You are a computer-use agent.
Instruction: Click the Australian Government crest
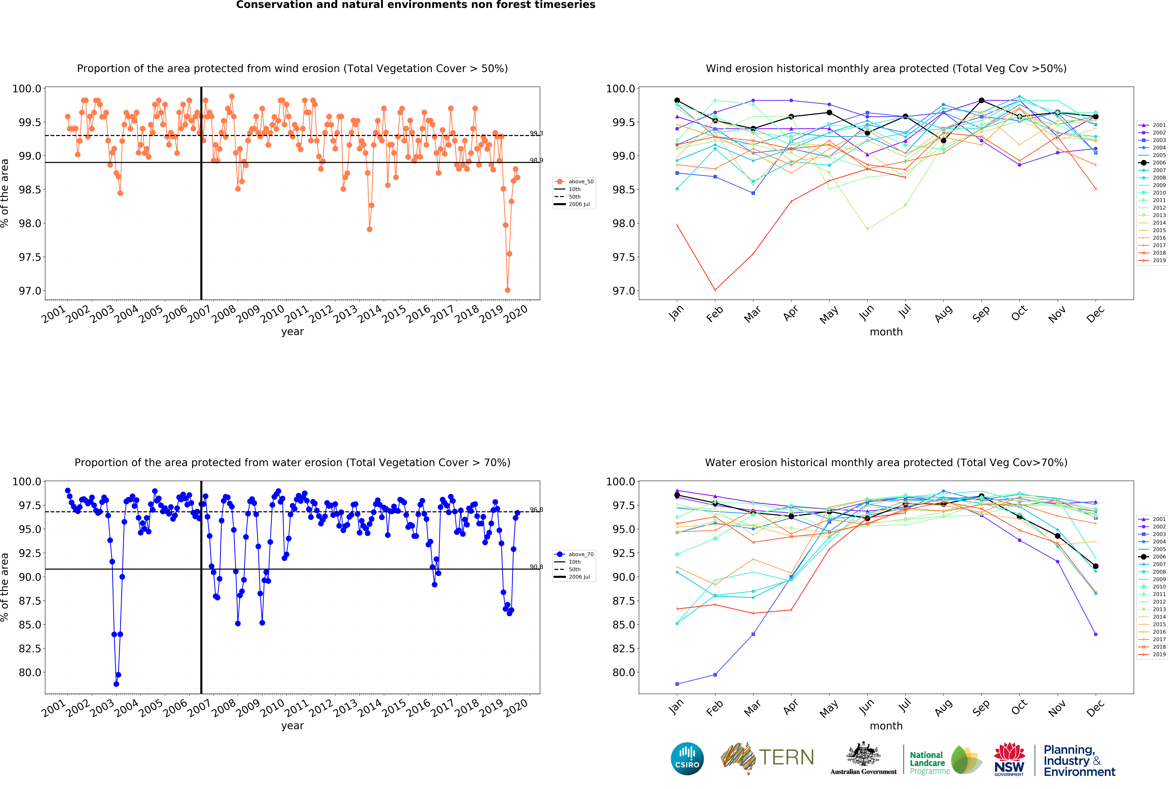863,754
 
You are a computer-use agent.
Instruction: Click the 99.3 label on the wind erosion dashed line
536,133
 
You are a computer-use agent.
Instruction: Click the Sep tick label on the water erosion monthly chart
981,707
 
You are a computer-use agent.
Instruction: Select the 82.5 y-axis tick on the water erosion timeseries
30,648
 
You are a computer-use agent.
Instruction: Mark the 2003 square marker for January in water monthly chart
677,684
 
